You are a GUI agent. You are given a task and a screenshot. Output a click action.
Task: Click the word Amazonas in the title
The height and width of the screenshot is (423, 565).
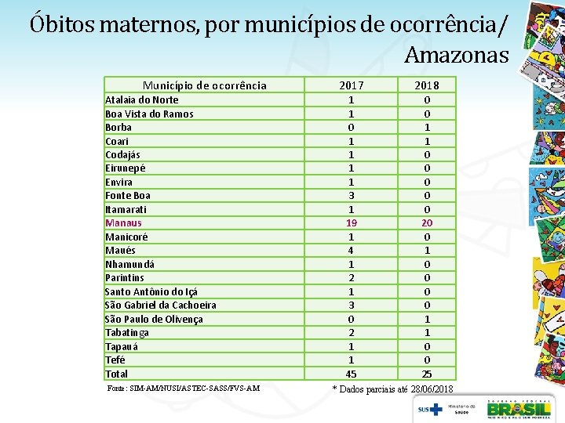(456, 55)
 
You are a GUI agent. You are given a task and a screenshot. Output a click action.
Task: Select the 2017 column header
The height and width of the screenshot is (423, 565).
(352, 85)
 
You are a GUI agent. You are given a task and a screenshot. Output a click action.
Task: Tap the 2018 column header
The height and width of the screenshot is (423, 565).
(427, 85)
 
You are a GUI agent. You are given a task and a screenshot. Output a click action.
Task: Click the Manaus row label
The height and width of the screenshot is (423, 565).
(123, 223)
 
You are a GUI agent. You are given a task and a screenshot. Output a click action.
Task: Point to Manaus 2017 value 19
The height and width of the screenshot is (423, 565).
(352, 223)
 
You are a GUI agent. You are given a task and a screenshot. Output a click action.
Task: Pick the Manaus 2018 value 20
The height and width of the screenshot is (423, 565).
(427, 223)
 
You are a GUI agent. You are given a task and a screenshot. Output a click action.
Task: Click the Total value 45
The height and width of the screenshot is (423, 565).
(352, 374)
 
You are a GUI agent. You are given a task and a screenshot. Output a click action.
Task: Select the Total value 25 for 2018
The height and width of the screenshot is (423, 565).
(427, 374)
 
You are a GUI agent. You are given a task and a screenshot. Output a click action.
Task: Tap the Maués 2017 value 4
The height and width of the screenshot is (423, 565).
(351, 251)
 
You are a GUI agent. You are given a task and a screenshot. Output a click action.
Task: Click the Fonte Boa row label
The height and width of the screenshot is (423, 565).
(128, 196)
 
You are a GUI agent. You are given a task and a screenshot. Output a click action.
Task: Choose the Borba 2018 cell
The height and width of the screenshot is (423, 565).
(427, 128)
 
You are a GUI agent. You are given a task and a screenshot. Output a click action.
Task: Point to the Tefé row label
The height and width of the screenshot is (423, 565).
(115, 360)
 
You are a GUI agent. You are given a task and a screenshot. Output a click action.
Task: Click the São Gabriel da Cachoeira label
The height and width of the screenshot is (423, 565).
(160, 305)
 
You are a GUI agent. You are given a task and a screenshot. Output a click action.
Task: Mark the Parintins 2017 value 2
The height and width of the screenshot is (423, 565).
(352, 277)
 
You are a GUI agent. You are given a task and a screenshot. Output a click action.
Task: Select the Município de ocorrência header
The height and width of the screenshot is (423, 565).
(205, 85)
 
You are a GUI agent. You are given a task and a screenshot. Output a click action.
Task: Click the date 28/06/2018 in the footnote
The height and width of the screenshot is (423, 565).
(432, 389)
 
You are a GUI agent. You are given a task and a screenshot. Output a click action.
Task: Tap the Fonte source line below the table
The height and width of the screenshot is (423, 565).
(184, 389)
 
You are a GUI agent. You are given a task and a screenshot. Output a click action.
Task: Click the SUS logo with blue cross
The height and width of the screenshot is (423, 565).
(430, 410)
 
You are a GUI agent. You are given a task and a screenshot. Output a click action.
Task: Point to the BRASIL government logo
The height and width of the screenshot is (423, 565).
(519, 410)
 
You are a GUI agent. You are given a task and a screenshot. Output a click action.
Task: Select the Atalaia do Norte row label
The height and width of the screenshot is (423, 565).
(141, 100)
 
